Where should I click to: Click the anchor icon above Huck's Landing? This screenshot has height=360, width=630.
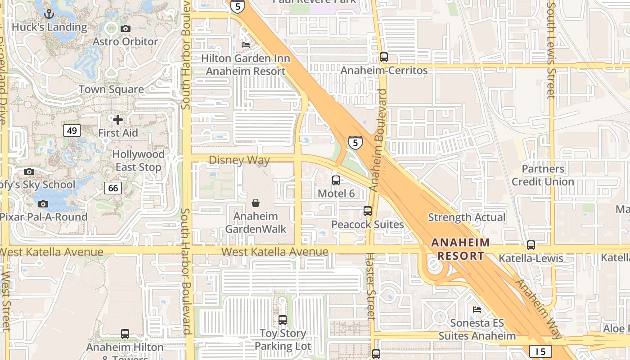click(x=49, y=14)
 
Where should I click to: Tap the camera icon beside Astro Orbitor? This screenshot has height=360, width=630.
click(x=126, y=28)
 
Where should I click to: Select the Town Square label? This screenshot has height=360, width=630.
click(x=112, y=89)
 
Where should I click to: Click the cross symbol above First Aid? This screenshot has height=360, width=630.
click(x=118, y=120)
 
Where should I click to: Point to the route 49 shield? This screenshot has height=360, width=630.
click(x=72, y=130)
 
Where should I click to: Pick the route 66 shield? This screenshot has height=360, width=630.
click(x=113, y=188)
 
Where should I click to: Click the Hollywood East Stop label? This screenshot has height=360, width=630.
click(x=139, y=161)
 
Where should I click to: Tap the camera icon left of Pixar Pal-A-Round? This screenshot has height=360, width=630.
click(x=43, y=204)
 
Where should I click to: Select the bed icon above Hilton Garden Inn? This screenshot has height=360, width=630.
click(x=246, y=45)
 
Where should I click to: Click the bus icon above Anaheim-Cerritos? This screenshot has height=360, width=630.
click(x=384, y=57)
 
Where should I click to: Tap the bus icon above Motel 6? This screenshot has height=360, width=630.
click(x=336, y=180)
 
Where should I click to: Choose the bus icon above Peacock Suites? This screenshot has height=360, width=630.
click(x=368, y=211)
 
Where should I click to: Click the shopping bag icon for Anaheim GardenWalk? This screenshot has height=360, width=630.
click(x=256, y=203)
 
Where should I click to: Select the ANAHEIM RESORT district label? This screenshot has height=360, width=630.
click(x=460, y=249)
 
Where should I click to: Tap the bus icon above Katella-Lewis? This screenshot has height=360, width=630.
click(x=531, y=245)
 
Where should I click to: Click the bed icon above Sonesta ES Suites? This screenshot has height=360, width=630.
click(x=477, y=310)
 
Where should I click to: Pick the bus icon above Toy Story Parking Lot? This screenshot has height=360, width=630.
click(x=283, y=320)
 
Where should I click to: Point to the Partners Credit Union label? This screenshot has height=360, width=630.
click(x=543, y=175)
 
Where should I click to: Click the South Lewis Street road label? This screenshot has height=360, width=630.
click(x=551, y=49)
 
